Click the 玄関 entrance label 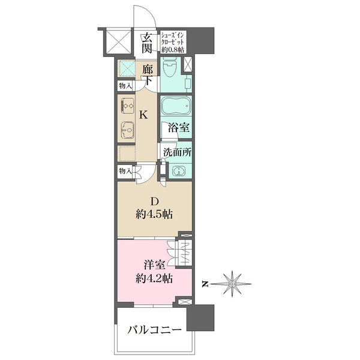pyautogui.click(x=147, y=43)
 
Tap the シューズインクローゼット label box pyautogui.click(x=173, y=42)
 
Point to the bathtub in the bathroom pyautogui.click(x=176, y=106)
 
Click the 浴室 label pyautogui.click(x=178, y=127)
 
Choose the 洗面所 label pyautogui.click(x=177, y=152)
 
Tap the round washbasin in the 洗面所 pyautogui.click(x=178, y=171)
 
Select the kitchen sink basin pyautogui.click(x=128, y=130)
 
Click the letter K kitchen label pyautogui.click(x=144, y=115)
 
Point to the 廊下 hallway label pyautogui.click(x=147, y=75)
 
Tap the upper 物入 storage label pyautogui.click(x=125, y=86)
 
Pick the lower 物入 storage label pyautogui.click(x=125, y=171)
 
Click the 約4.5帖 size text pyautogui.click(x=154, y=214)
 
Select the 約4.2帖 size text pyautogui.click(x=154, y=278)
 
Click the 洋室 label pyautogui.click(x=155, y=265)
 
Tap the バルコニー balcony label pyautogui.click(x=155, y=331)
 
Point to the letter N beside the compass pyautogui.click(x=204, y=284)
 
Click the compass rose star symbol pyautogui.click(x=232, y=284)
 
